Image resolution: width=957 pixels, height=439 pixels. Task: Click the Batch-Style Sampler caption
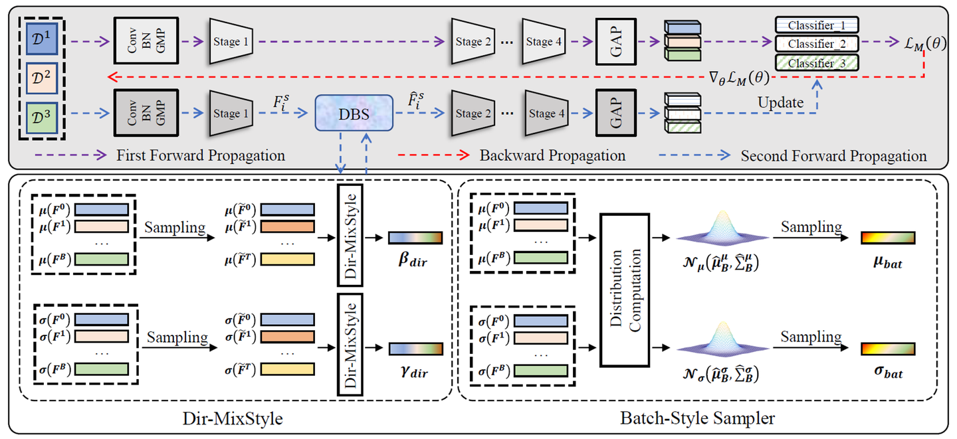tap(696, 419)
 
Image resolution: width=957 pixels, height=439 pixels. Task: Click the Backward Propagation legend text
tap(552, 156)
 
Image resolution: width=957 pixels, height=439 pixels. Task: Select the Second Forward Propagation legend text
tap(833, 156)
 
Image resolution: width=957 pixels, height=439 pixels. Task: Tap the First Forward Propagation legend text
tap(201, 156)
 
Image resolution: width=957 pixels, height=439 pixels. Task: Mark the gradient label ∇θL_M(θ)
tap(740, 77)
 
